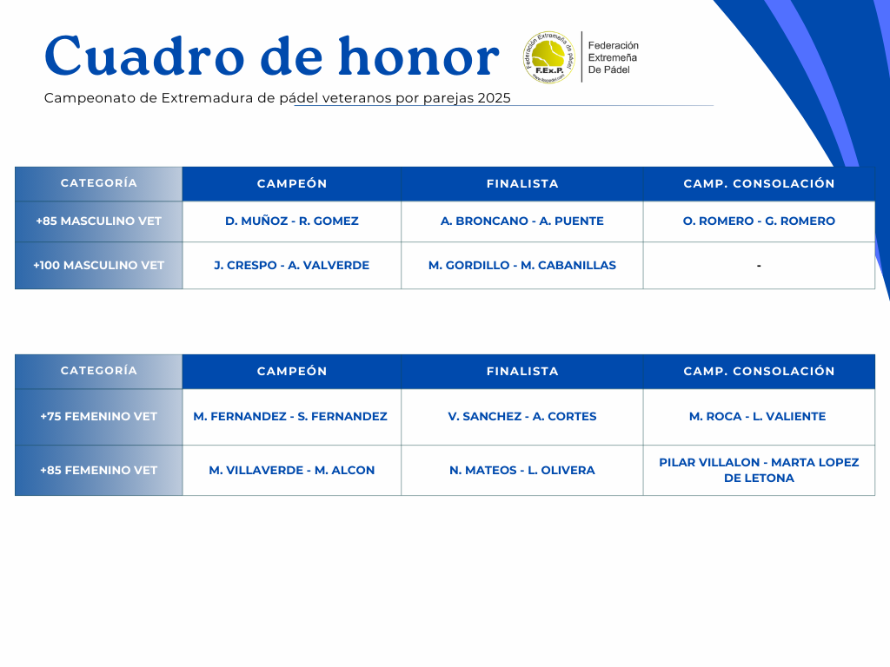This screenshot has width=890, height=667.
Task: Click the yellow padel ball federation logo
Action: [x=549, y=57]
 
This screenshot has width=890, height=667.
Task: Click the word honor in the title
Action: [x=419, y=56]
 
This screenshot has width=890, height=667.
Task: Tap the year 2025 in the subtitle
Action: [x=494, y=98]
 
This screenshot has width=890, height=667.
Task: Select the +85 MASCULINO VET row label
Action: [x=99, y=221]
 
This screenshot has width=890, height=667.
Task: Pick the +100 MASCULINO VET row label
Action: [x=99, y=266]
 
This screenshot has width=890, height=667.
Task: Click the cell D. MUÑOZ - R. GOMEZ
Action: [x=292, y=221]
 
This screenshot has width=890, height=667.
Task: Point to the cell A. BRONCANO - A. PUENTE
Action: [x=522, y=221]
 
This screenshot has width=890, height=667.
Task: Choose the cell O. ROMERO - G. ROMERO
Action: [x=759, y=221]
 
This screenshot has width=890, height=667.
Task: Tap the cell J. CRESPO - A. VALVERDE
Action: [x=292, y=266]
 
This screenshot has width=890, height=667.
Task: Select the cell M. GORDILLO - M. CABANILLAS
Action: [x=522, y=266]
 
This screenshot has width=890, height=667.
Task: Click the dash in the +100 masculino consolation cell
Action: [x=759, y=266]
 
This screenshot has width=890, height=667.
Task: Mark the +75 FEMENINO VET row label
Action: [x=99, y=416]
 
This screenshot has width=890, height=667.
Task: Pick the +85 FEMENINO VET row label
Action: [x=99, y=470]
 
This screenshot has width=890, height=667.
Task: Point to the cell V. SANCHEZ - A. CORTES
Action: [x=522, y=416]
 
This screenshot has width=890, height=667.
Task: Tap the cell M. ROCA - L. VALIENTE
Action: [x=758, y=416]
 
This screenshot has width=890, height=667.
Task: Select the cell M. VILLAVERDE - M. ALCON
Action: [x=292, y=470]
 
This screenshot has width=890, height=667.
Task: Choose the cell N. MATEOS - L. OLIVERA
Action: [x=522, y=470]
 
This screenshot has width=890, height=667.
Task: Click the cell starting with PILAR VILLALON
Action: [x=759, y=470]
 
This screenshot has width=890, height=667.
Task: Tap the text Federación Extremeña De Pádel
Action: [x=613, y=57]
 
